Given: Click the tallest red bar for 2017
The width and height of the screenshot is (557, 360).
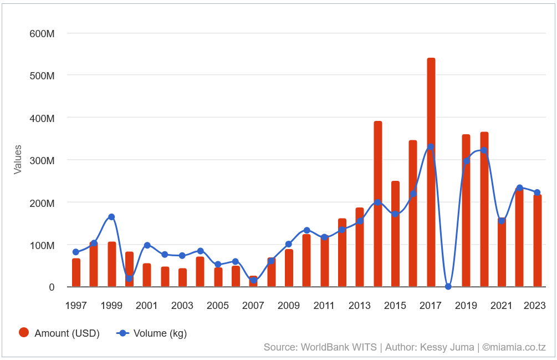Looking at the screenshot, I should tap(431, 172).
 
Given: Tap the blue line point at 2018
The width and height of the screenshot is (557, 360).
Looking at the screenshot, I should tap(448, 286).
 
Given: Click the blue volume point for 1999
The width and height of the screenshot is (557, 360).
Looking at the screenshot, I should tap(111, 217).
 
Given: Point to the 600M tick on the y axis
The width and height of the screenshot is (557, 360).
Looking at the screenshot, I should tap(42, 33).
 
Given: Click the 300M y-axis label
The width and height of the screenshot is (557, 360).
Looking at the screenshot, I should tap(42, 160).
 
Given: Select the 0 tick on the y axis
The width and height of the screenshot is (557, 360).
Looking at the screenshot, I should tap(52, 287).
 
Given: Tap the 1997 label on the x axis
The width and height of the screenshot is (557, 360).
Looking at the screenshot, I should tap(76, 306).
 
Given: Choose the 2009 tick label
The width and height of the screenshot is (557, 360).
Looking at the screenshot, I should tap(289, 306).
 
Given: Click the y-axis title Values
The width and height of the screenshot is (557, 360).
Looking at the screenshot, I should tap(18, 160).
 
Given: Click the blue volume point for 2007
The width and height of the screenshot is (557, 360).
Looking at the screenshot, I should tap(253, 280).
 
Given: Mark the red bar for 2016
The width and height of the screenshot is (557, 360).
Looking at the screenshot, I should tap(413, 214).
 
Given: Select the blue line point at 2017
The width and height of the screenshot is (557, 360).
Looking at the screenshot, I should tap(431, 147).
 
